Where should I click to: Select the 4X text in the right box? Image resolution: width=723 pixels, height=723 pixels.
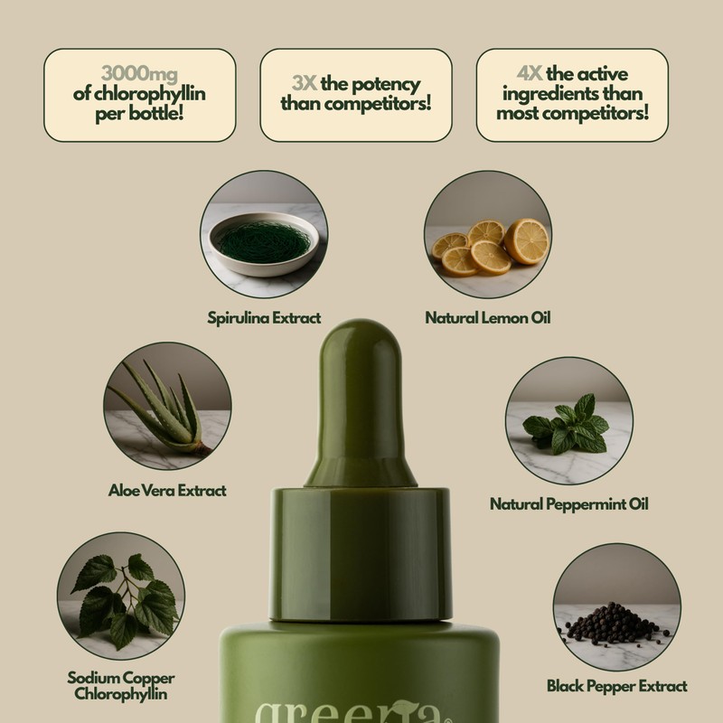coord(521,74)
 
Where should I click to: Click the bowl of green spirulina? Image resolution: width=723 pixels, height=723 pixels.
coord(261,242)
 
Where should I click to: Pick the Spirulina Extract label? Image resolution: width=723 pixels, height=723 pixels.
coord(264,318)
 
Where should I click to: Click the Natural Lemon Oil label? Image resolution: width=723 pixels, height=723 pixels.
coord(488,318)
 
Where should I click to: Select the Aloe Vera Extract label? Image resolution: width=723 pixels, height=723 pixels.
coord(167,490)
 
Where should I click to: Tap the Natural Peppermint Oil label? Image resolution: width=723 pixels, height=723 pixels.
coord(569,503)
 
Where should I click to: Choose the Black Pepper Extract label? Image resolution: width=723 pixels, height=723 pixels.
coord(617,686)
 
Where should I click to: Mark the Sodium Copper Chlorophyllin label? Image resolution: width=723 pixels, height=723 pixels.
coord(121,686)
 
